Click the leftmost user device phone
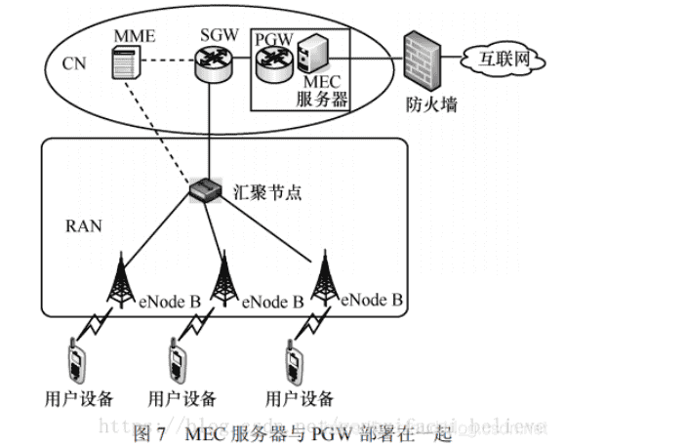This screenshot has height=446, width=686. point(75,360)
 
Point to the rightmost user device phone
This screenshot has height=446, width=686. point(294,360)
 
